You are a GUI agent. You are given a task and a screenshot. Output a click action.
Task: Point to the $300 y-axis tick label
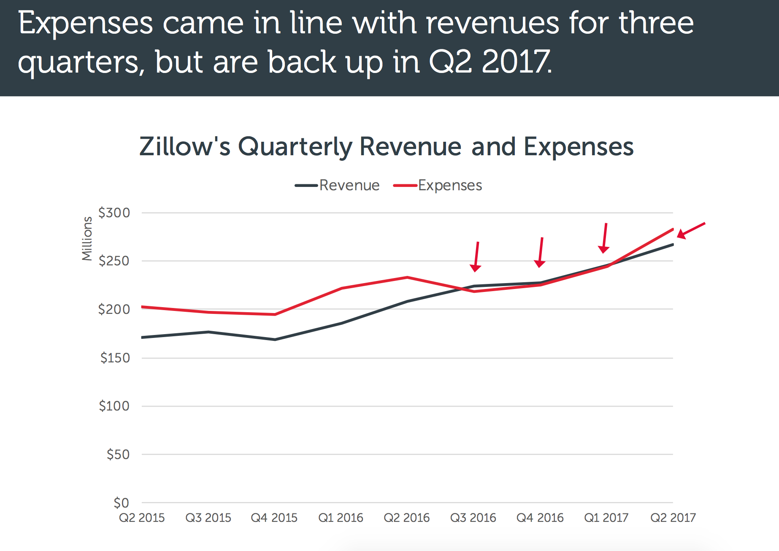(x=114, y=213)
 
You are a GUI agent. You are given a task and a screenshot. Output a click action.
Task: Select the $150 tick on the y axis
(x=115, y=358)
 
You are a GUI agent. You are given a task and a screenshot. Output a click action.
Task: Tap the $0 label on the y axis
(x=121, y=502)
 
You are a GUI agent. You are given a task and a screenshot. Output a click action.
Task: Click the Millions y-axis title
(x=87, y=238)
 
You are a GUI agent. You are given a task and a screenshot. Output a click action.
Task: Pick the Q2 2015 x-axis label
(x=142, y=518)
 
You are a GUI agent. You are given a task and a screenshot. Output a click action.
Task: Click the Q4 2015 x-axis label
(x=274, y=518)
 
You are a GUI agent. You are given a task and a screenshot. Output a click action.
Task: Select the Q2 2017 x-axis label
(x=673, y=518)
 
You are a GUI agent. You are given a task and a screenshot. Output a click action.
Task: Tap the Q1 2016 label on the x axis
(x=341, y=518)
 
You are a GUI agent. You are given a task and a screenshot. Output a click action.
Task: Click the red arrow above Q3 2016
(x=476, y=257)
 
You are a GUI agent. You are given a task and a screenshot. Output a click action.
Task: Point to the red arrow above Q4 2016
(x=541, y=252)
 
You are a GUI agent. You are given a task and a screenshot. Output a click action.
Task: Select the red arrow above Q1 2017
(x=605, y=238)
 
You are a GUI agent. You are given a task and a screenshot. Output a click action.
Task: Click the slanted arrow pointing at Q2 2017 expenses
(x=691, y=230)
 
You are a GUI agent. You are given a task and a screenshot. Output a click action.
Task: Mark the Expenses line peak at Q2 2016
(x=407, y=277)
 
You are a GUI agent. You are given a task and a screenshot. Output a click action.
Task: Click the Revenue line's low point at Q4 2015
(x=275, y=339)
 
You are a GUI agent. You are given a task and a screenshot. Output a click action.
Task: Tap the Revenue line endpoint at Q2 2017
(x=672, y=244)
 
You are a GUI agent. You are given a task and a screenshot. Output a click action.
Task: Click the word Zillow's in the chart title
(x=185, y=147)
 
